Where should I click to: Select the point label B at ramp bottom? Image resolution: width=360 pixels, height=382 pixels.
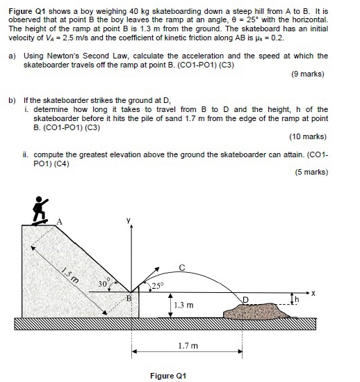click(x=128, y=298)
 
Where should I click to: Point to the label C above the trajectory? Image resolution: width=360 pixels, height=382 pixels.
click(x=183, y=266)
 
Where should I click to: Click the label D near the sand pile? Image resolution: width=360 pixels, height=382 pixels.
click(x=245, y=299)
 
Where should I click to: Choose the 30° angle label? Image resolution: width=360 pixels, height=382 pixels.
click(x=104, y=284)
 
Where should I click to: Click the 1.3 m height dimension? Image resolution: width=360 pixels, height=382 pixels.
click(x=183, y=305)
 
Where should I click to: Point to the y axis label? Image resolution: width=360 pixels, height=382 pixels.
click(x=129, y=221)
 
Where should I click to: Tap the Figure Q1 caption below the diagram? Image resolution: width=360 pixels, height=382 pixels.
click(x=170, y=376)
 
